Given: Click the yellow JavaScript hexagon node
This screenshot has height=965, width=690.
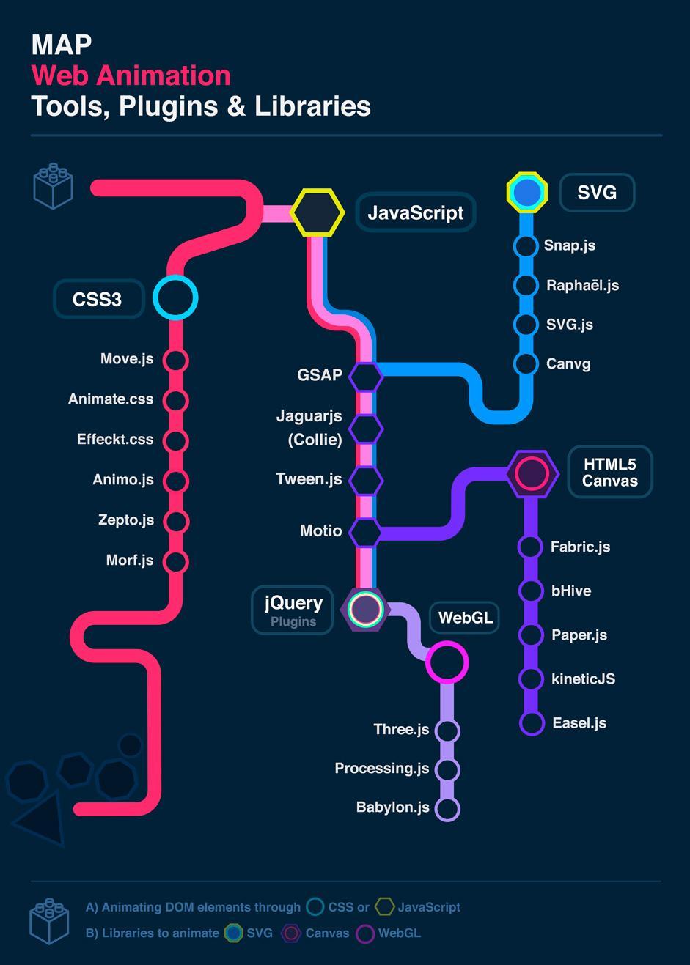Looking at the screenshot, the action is point(318,212).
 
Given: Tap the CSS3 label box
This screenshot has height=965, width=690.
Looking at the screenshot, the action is point(99,299).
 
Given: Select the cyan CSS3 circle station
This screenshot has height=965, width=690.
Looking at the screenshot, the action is point(175,297).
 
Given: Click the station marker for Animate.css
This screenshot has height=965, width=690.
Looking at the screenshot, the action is point(175,400).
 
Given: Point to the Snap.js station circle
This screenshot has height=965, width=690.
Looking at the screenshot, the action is point(526,246).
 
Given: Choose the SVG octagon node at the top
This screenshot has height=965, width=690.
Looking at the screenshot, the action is point(527,192).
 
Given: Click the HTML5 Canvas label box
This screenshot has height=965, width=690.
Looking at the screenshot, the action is point(610,472).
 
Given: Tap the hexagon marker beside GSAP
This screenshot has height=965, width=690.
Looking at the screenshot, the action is point(366,377).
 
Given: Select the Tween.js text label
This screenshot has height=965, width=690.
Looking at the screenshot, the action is point(309,479).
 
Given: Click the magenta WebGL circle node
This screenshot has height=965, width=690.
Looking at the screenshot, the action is point(447,662).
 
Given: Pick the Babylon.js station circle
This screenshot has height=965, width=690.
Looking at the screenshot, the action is point(447,809).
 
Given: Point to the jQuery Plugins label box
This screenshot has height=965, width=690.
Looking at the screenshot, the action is point(293,610).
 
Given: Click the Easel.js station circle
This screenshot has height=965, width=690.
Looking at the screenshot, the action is point(532,723).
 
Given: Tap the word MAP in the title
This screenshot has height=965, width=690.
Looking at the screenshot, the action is point(62,45).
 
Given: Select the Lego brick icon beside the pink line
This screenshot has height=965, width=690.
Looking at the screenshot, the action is point(53,186).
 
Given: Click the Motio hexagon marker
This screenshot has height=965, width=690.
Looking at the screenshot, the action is point(366,532).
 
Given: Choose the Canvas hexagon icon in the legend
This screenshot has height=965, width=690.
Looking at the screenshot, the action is point(290,933).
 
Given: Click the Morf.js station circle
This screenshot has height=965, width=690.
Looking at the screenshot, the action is point(175,561).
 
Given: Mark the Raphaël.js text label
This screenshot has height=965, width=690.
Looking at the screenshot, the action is point(583,285).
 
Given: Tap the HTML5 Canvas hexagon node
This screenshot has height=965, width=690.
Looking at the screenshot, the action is point(532,474).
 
